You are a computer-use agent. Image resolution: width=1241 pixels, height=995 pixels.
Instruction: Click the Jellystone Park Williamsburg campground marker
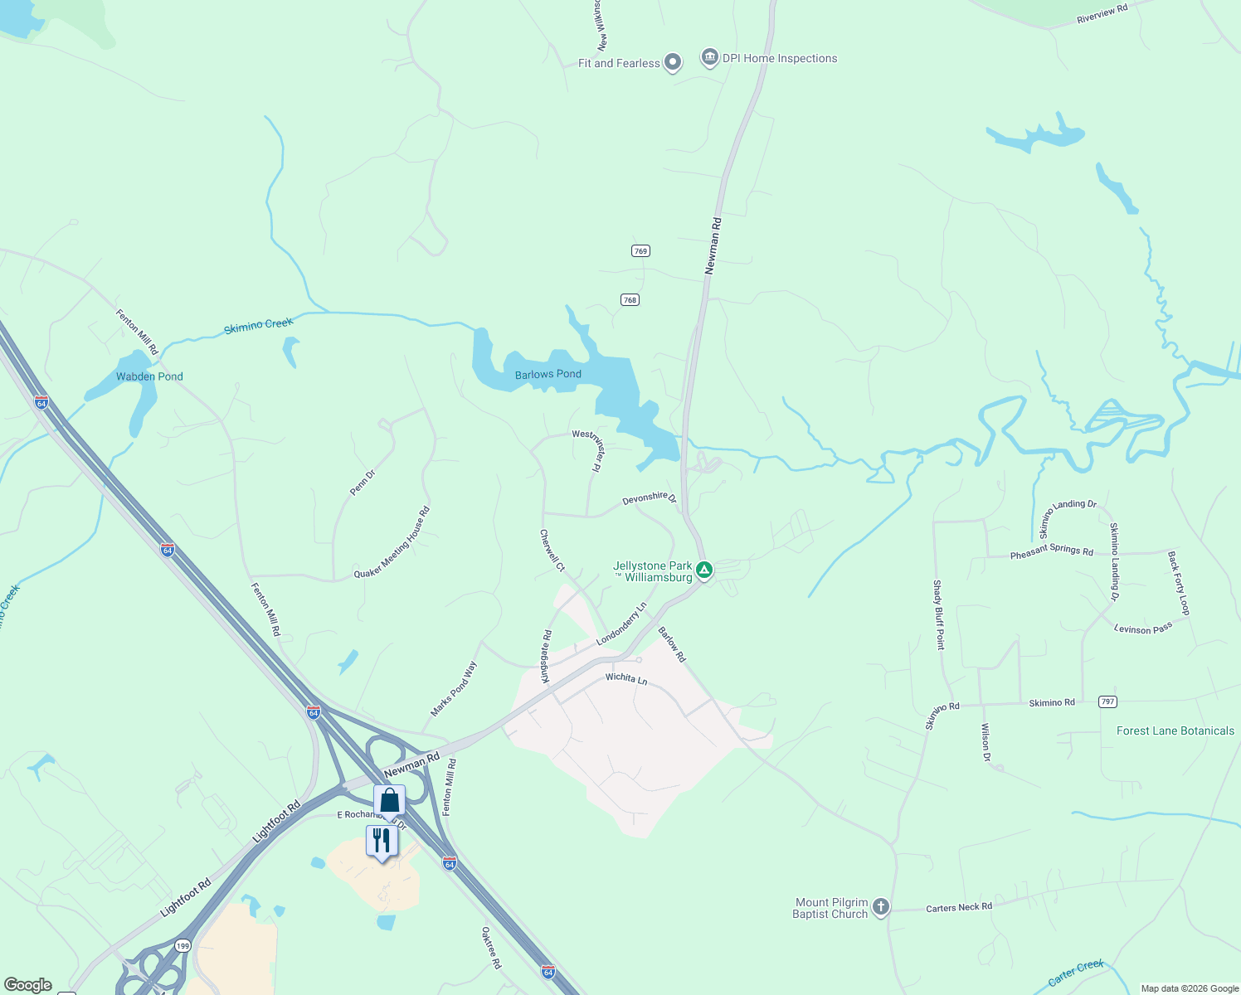[x=704, y=570]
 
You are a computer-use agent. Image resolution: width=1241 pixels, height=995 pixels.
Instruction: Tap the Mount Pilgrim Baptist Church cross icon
[x=881, y=907]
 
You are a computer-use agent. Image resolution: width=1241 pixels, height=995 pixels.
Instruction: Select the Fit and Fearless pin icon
[x=673, y=62]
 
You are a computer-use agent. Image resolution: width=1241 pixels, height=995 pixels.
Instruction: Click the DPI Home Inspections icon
[x=709, y=57]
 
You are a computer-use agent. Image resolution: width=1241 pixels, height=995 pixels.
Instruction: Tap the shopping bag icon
[x=389, y=801]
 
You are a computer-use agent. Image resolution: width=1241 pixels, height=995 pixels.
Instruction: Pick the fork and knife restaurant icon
[x=382, y=841]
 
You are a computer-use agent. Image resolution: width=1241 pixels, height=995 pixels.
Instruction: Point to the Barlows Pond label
[x=547, y=375]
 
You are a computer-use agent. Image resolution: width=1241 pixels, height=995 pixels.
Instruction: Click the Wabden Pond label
[x=149, y=376]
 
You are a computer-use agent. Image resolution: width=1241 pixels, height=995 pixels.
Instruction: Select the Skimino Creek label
[x=258, y=326]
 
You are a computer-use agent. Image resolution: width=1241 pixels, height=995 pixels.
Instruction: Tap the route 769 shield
[x=640, y=251]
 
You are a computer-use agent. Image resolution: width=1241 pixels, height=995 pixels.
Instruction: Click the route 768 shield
[x=630, y=300]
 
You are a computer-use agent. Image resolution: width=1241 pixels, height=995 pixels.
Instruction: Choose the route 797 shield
[x=1107, y=701]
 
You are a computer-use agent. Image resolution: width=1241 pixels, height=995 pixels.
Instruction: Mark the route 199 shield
[x=182, y=945]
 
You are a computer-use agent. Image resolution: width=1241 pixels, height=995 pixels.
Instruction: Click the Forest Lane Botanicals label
[x=1175, y=731]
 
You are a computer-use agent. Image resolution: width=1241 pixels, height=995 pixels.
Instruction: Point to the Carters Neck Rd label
[x=958, y=908]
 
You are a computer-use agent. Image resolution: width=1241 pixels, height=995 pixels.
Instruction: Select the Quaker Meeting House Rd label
[x=392, y=544]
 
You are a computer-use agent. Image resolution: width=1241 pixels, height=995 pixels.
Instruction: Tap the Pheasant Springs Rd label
[x=1051, y=551]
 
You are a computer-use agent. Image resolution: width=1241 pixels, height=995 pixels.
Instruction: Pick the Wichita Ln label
[x=625, y=679]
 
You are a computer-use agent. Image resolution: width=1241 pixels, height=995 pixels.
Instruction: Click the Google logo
[x=27, y=985]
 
